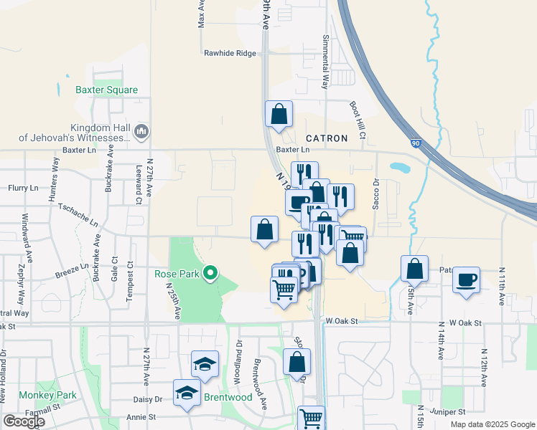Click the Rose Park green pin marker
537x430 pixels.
[x=210, y=272]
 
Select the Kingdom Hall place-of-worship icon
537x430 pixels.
[x=141, y=131]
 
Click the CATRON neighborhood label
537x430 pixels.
[x=327, y=138]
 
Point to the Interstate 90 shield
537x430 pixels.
[x=416, y=144]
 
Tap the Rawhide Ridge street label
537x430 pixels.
[x=229, y=53]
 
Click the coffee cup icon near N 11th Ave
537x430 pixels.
[x=466, y=278]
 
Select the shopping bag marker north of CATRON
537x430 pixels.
[x=279, y=113]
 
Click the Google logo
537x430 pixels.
[x=24, y=421]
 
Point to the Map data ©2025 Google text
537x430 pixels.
[x=492, y=424]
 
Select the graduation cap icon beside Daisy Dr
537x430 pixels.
[x=187, y=393]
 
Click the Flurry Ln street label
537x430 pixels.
[x=23, y=188]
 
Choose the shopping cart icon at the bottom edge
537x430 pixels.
[x=311, y=418]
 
